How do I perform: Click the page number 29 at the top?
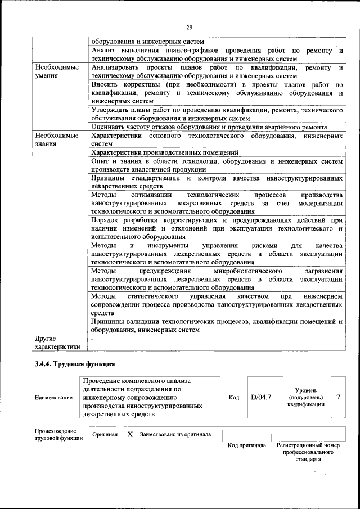(189, 27)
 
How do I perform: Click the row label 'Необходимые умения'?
(56, 71)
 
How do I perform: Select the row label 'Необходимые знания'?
(56, 139)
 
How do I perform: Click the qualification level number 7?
(338, 397)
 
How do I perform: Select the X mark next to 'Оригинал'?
(129, 434)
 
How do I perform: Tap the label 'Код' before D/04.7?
(235, 397)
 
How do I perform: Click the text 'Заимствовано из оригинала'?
(175, 434)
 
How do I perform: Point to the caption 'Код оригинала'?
(246, 445)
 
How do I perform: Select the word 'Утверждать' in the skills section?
(110, 110)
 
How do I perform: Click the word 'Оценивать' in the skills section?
(108, 127)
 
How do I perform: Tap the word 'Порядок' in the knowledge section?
(105, 220)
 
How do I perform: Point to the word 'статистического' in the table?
(153, 296)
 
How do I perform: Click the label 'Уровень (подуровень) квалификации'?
(305, 397)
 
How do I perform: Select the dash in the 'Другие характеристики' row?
(93, 339)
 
